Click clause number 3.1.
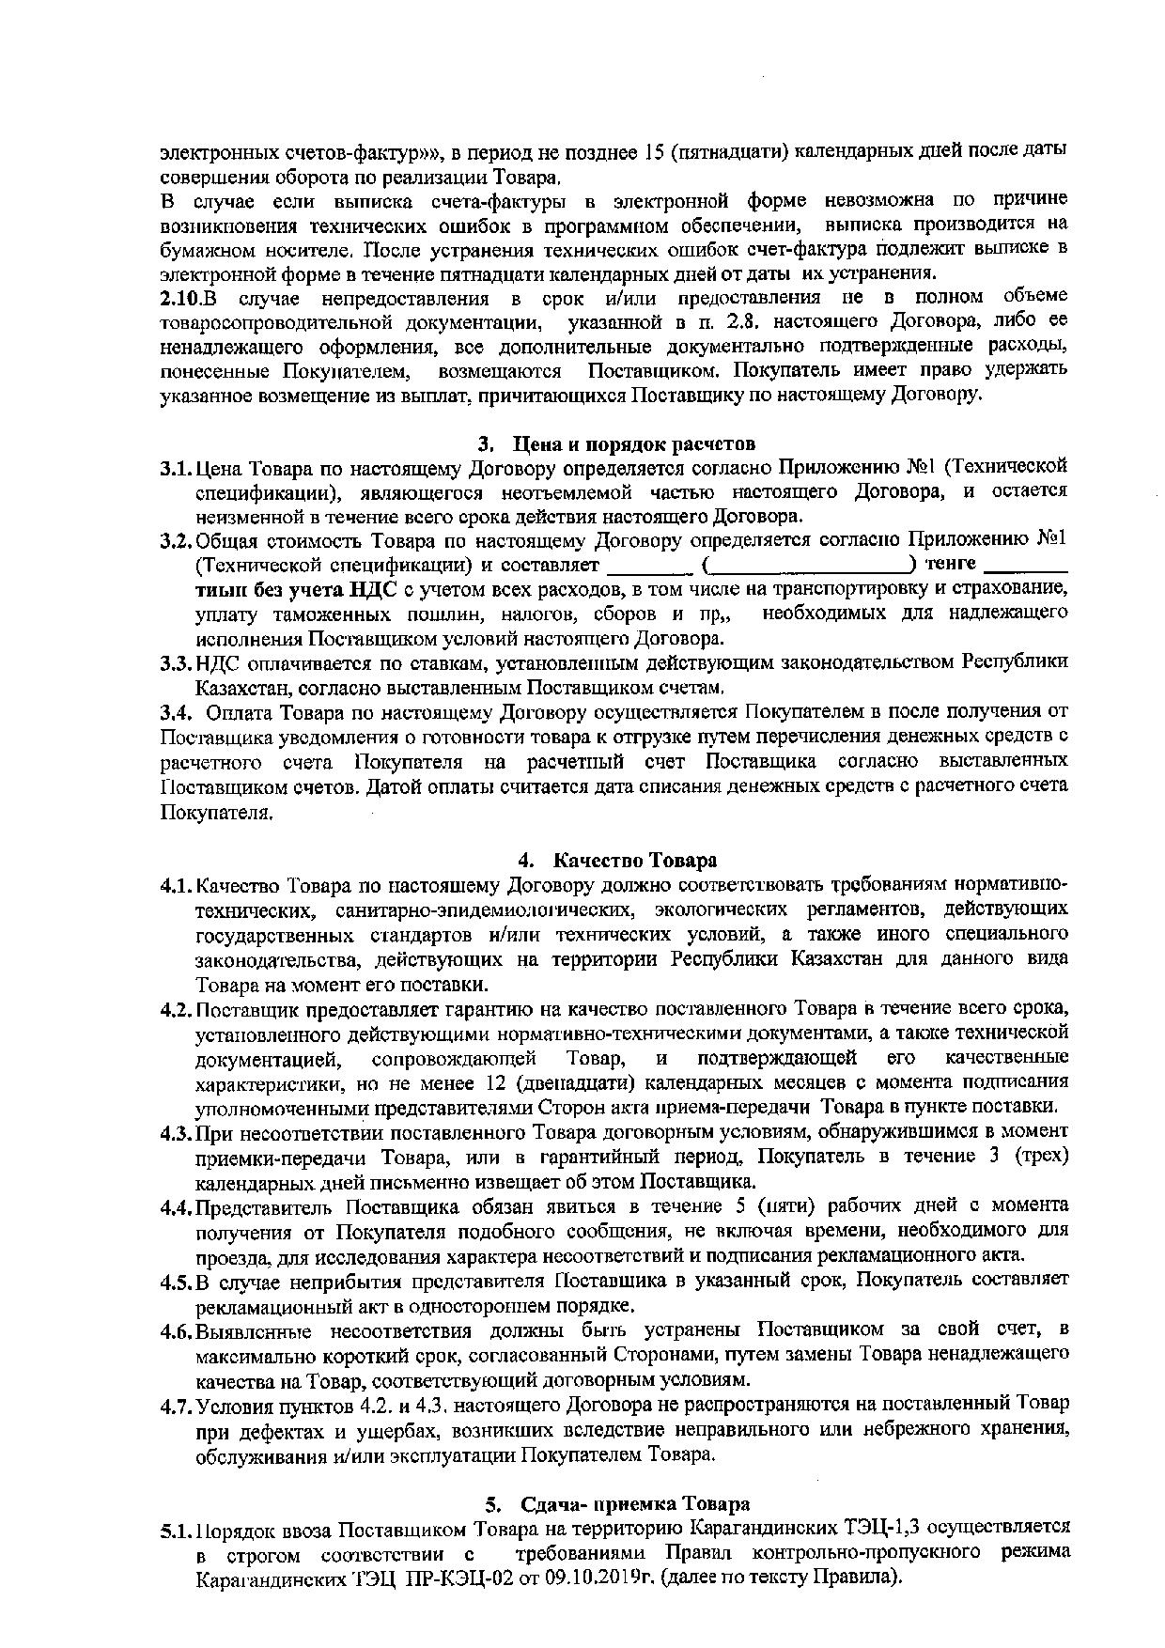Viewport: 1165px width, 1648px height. (176, 467)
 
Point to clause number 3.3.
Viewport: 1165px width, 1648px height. (176, 662)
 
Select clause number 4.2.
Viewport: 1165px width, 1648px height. (176, 1009)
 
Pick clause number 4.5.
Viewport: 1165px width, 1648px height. (176, 1281)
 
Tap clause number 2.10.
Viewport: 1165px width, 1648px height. (180, 298)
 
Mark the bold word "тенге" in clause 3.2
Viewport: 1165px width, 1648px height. (951, 564)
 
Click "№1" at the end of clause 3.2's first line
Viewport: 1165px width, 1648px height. (1052, 540)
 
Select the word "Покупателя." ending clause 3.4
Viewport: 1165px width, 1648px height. (217, 812)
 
